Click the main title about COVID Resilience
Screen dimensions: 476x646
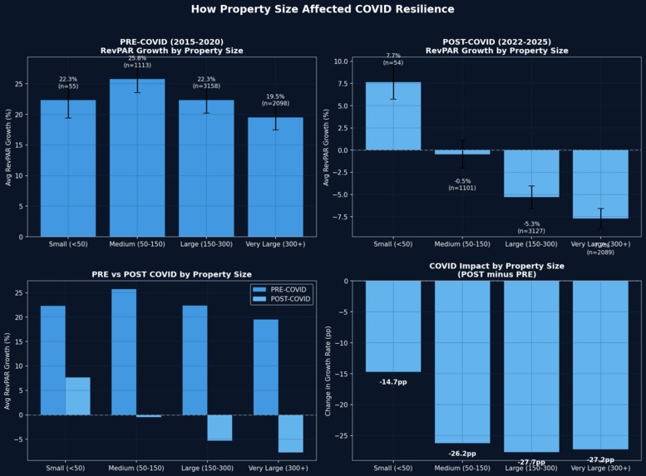323,9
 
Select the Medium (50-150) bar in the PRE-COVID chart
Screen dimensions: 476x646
137,158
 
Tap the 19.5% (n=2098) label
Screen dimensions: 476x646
275,100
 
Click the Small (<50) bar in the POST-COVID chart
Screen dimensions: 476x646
393,116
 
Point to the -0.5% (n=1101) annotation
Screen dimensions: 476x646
462,184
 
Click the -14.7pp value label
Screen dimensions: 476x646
393,382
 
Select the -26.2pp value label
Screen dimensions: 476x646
462,454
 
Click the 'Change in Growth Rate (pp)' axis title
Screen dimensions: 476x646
329,370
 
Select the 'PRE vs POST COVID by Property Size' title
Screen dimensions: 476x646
171,274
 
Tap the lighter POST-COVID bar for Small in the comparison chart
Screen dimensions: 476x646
77,396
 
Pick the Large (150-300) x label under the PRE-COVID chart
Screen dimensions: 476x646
206,244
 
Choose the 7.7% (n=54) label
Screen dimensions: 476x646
393,59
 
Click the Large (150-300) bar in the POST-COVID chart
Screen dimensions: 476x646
531,174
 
